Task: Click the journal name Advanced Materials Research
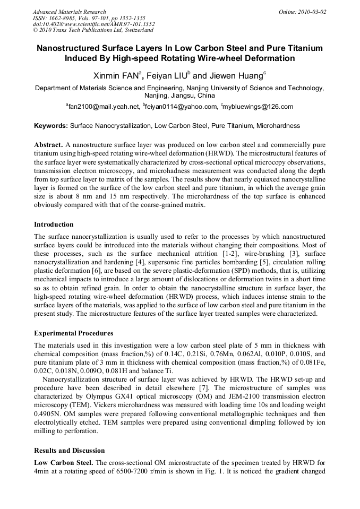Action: (x=70, y=12)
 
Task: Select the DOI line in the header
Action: (x=94, y=24)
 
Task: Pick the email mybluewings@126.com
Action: (x=259, y=107)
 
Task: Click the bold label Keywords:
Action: (x=51, y=126)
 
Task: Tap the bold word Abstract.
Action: (x=49, y=144)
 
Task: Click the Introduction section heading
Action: (x=54, y=224)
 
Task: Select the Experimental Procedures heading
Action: (x=73, y=333)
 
